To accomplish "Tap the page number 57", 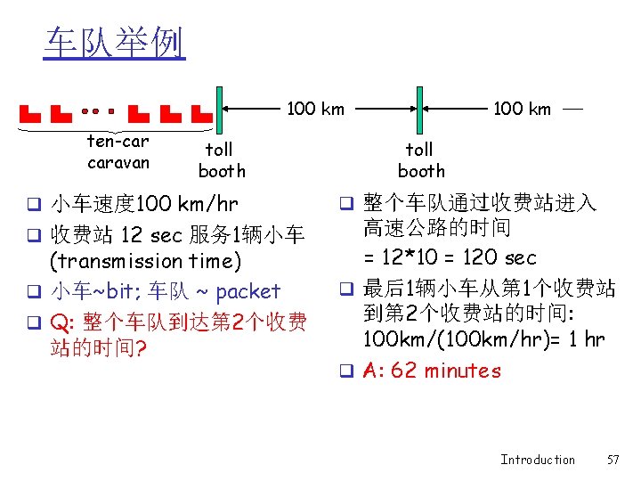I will [x=612, y=460].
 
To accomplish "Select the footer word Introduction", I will [x=537, y=460].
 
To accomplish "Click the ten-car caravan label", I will [x=118, y=152].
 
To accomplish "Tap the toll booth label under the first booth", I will [x=221, y=160].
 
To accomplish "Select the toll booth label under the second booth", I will [x=420, y=160].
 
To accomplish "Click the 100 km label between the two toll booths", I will [x=315, y=110].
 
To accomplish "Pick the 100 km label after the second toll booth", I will [x=522, y=110].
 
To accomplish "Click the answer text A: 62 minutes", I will [x=432, y=371].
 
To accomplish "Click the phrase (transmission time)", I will [x=145, y=261].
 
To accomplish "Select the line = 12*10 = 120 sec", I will [x=450, y=257].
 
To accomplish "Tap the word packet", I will [x=247, y=291].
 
